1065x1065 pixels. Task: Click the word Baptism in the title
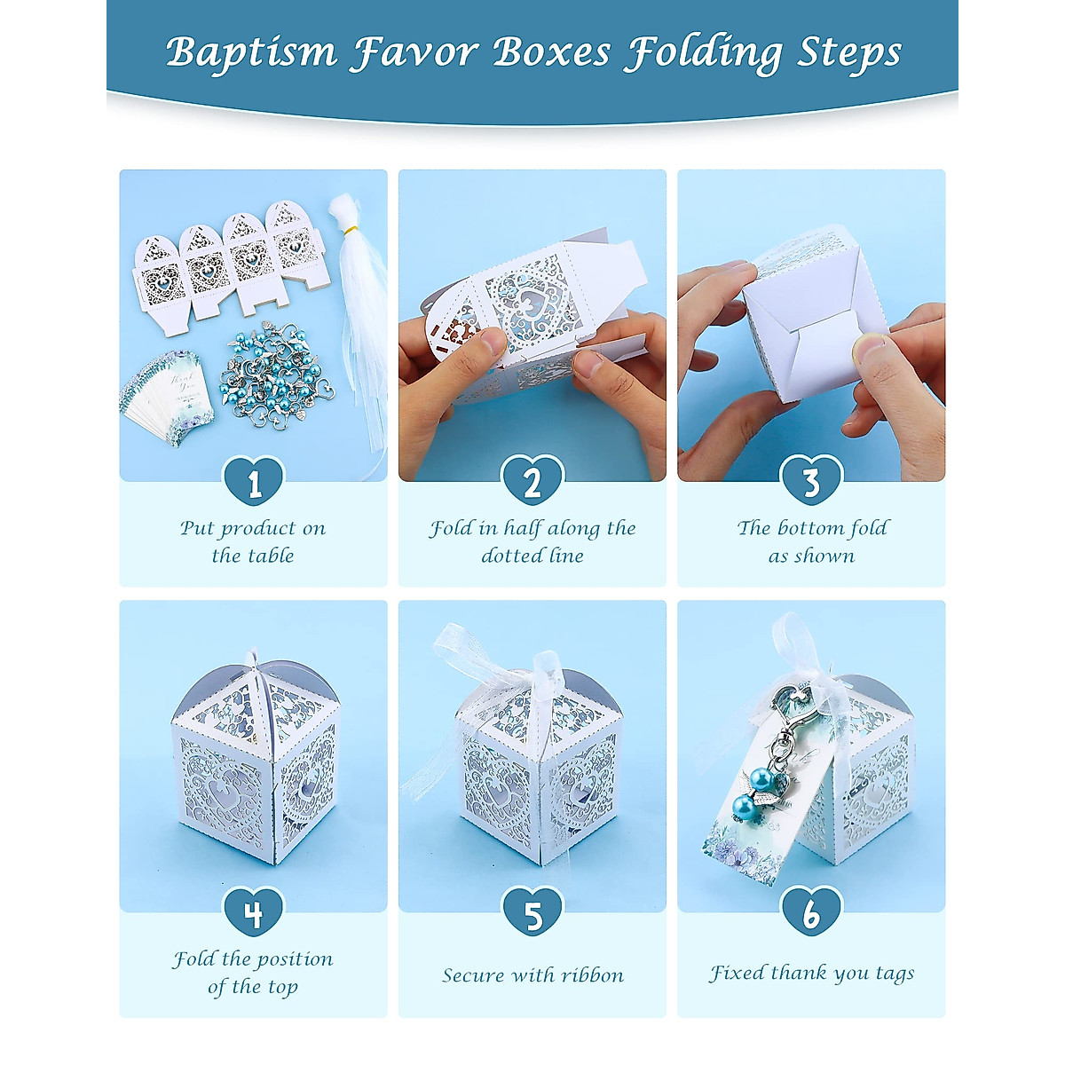[x=251, y=52]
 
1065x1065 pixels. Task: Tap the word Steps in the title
[x=849, y=52]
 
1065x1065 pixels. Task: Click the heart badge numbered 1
[x=254, y=481]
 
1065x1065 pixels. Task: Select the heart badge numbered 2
[x=532, y=481]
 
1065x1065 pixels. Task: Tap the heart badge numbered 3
[x=811, y=481]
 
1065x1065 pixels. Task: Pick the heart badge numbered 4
[x=254, y=912]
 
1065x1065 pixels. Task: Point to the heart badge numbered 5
[x=532, y=912]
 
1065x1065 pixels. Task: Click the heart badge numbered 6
[x=811, y=912]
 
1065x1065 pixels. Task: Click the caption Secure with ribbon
[x=532, y=975]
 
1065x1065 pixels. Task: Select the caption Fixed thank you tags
[x=811, y=974]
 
